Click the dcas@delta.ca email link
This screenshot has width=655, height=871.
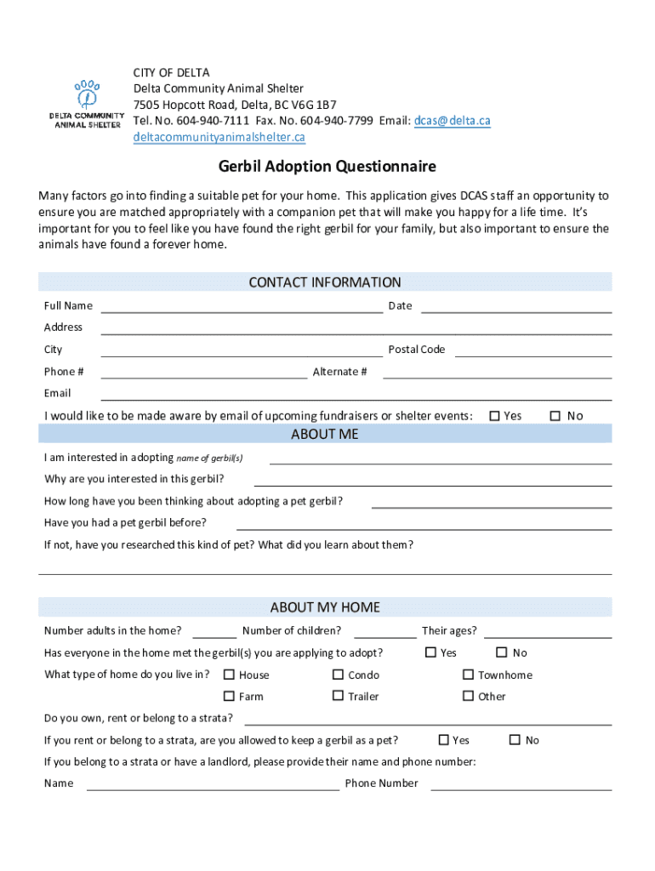pyautogui.click(x=452, y=121)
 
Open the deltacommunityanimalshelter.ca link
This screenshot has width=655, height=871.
pyautogui.click(x=219, y=137)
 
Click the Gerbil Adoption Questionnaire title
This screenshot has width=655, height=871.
pyautogui.click(x=327, y=167)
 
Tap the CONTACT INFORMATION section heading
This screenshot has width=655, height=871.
pyautogui.click(x=324, y=282)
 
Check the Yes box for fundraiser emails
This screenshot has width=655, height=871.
pyautogui.click(x=494, y=416)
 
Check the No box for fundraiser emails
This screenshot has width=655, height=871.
pyautogui.click(x=555, y=416)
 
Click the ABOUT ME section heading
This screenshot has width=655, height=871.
pyautogui.click(x=324, y=434)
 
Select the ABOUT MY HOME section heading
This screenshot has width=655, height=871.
pyautogui.click(x=324, y=607)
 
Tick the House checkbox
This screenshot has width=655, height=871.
pyautogui.click(x=229, y=675)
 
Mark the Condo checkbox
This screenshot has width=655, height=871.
pyautogui.click(x=338, y=675)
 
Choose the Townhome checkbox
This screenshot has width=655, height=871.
pyautogui.click(x=468, y=675)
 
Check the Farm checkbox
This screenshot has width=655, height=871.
pyautogui.click(x=229, y=696)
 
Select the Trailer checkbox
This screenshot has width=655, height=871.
pyautogui.click(x=338, y=696)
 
